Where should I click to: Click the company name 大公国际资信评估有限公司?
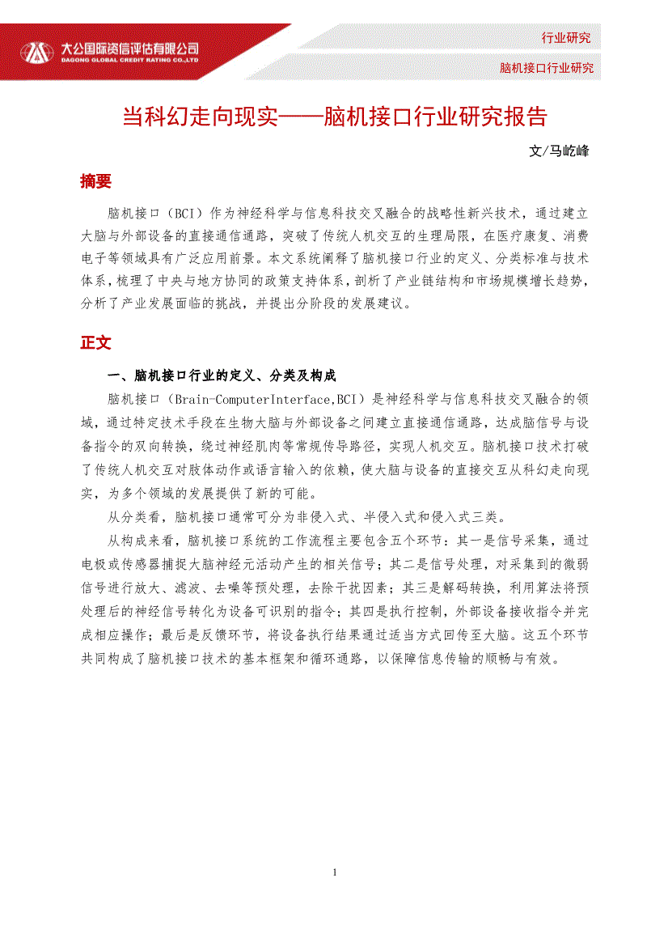click(130, 48)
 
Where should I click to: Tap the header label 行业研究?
click(565, 38)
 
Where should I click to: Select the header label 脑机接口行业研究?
click(546, 68)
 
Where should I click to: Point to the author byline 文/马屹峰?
click(558, 151)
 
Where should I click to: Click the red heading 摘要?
click(95, 181)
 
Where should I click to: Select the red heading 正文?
click(95, 342)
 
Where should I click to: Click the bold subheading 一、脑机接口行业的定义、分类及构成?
click(222, 375)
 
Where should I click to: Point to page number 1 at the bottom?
click(335, 872)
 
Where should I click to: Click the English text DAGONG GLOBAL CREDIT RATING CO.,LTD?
click(130, 59)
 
